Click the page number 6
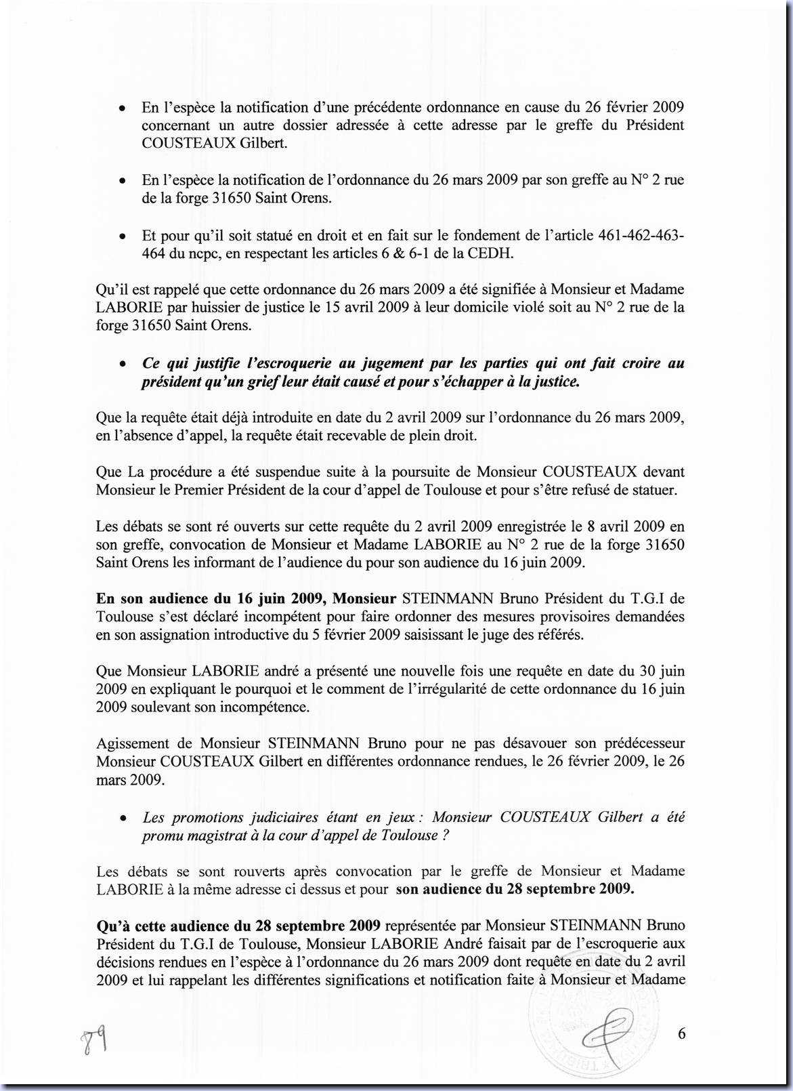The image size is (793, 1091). [x=681, y=1033]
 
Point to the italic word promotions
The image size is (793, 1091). [x=205, y=817]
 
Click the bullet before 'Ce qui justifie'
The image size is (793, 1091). [x=121, y=365]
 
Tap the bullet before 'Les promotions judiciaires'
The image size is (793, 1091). [x=121, y=819]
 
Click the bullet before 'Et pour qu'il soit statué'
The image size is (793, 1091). [x=121, y=236]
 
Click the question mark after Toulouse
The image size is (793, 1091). [x=445, y=835]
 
